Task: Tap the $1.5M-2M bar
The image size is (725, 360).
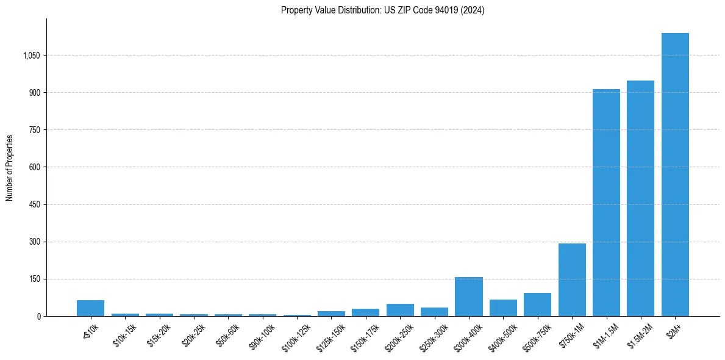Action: [640, 198]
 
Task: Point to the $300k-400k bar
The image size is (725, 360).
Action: [469, 297]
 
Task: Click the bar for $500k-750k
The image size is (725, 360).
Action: [537, 304]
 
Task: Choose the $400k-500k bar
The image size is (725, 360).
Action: [503, 308]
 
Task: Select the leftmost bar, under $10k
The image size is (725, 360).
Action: [90, 308]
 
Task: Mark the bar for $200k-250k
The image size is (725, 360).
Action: [400, 310]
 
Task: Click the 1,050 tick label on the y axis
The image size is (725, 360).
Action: [31, 56]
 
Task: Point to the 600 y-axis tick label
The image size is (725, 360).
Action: [34, 167]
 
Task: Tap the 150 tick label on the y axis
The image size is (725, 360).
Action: [34, 279]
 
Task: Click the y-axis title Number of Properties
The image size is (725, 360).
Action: [10, 167]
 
